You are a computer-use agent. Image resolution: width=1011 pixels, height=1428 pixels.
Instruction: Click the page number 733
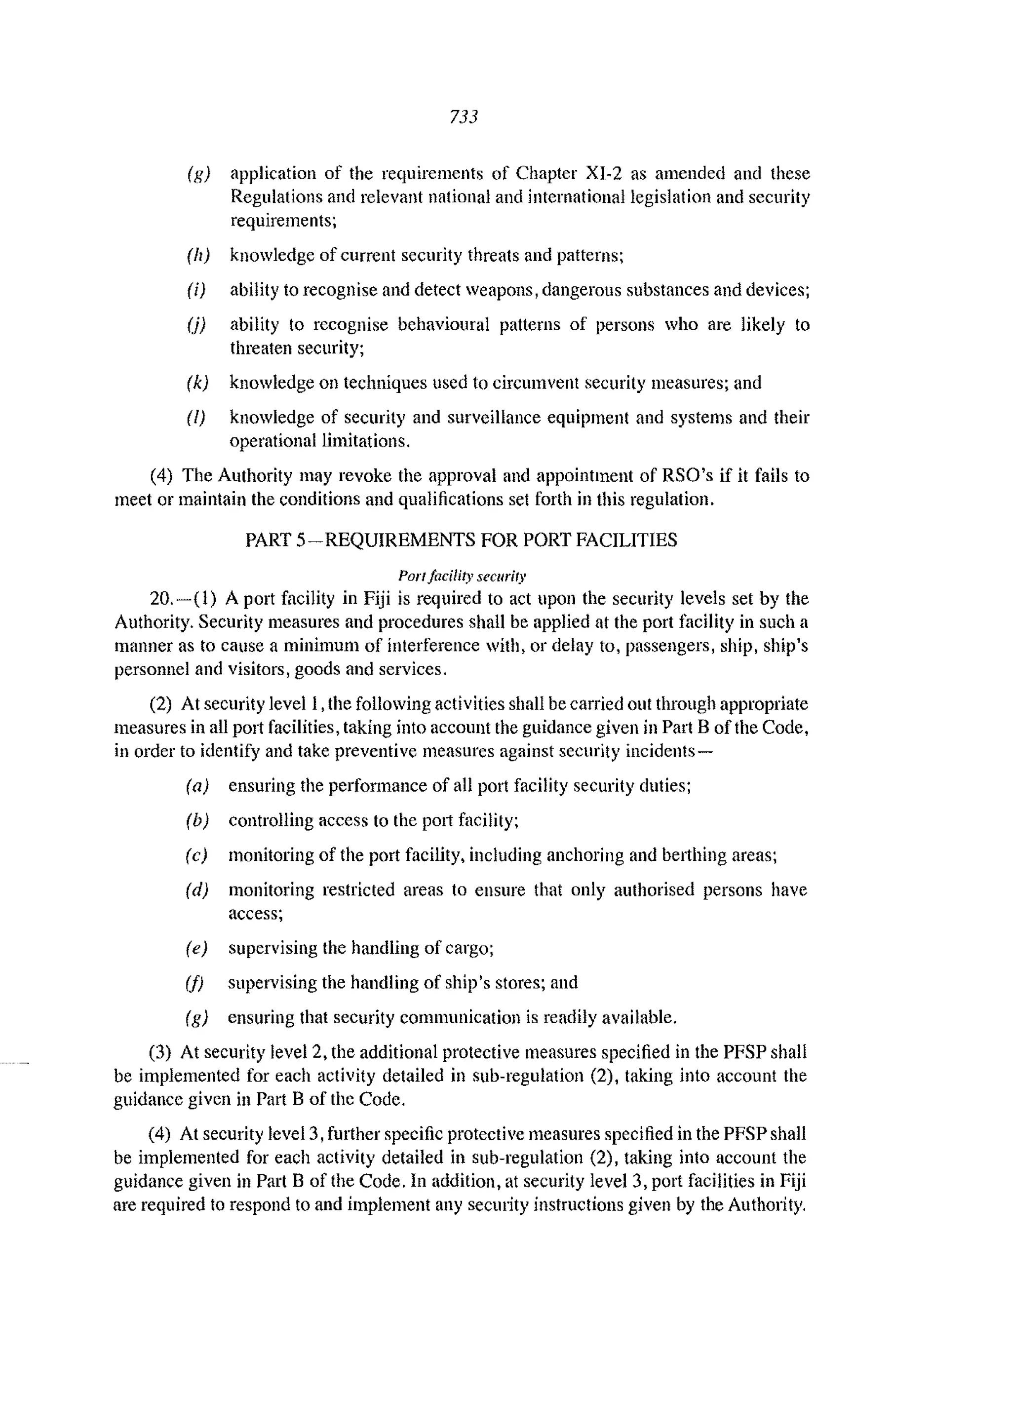coord(464,116)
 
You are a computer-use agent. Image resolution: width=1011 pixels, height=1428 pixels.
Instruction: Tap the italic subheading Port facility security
coord(462,576)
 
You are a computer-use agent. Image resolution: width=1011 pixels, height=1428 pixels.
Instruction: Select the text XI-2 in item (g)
coord(604,173)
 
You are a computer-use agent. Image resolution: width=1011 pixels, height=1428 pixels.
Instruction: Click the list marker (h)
coord(198,256)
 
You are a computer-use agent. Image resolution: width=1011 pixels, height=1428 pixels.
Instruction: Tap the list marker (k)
coord(197,383)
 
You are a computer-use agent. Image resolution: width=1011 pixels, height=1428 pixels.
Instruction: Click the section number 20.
coord(160,599)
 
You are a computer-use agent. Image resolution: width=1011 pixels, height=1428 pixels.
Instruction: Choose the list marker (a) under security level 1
coord(197,786)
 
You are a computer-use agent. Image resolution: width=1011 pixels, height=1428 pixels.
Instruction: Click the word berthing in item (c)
coord(694,855)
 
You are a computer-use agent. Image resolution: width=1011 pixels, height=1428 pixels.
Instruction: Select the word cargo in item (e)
coord(470,948)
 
